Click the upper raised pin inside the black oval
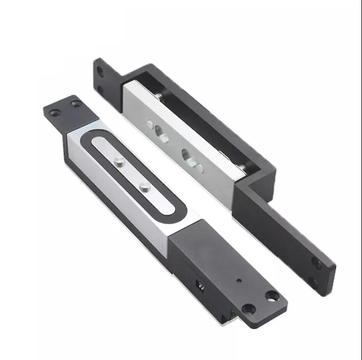119,161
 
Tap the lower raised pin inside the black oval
145,187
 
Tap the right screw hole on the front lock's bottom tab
271,295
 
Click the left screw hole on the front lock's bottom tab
248,309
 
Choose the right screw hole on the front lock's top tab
76,103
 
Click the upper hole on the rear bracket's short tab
101,71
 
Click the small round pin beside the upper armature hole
150,124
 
